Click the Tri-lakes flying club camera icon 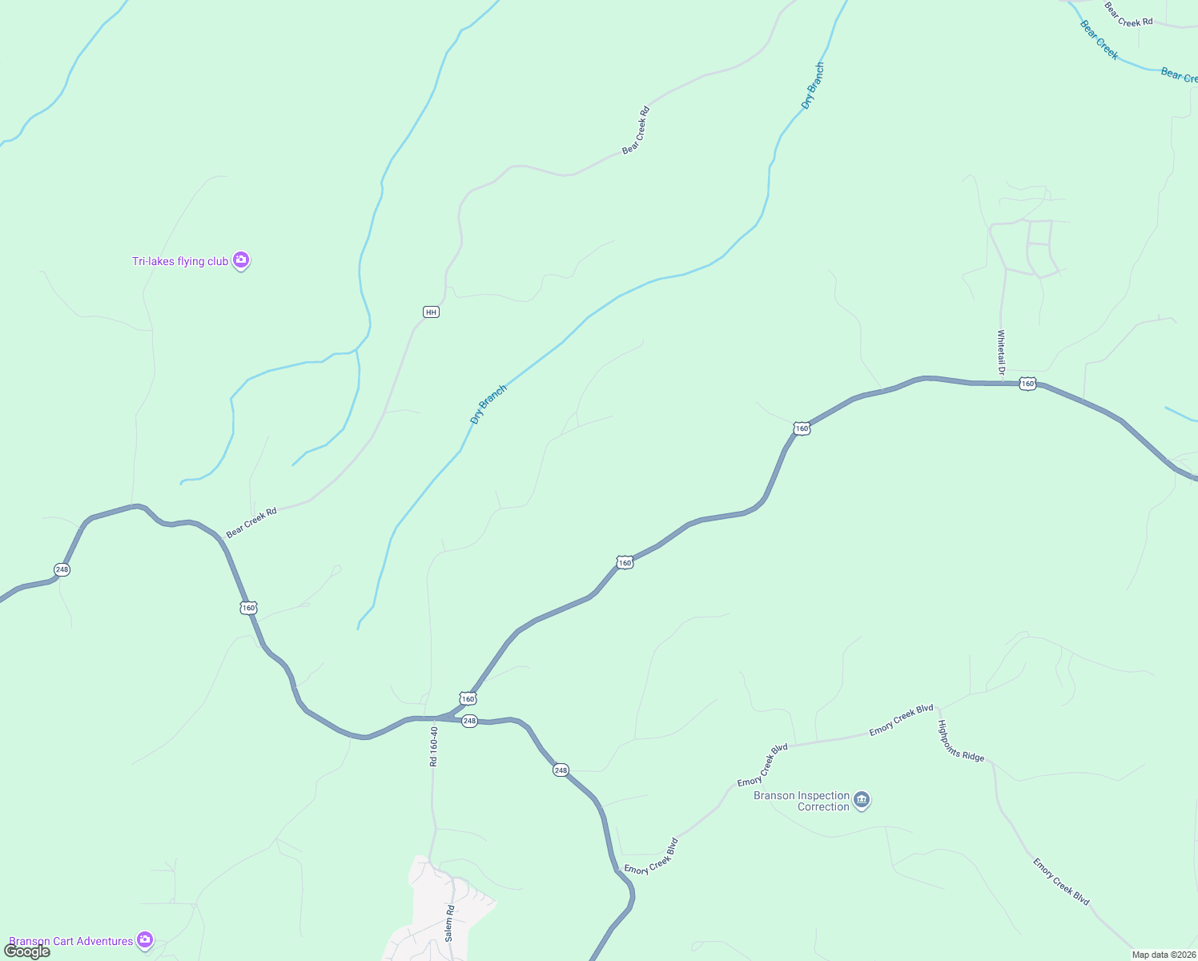click(240, 260)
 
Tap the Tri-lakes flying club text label click(180, 261)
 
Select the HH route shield click(431, 312)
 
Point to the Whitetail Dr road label click(1001, 352)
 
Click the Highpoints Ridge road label click(960, 741)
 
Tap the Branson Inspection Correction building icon click(862, 800)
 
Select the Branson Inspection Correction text click(802, 801)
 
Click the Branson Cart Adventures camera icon click(145, 940)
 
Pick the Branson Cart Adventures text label click(70, 941)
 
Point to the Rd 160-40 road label click(434, 746)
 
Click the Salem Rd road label click(450, 923)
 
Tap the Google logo click(27, 951)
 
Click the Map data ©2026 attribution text click(1163, 955)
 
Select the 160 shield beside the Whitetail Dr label click(1027, 384)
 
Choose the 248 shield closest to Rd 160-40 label click(469, 721)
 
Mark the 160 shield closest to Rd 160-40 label click(468, 698)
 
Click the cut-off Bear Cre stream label click(1179, 75)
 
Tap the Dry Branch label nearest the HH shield click(488, 404)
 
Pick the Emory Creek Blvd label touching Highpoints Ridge click(902, 719)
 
